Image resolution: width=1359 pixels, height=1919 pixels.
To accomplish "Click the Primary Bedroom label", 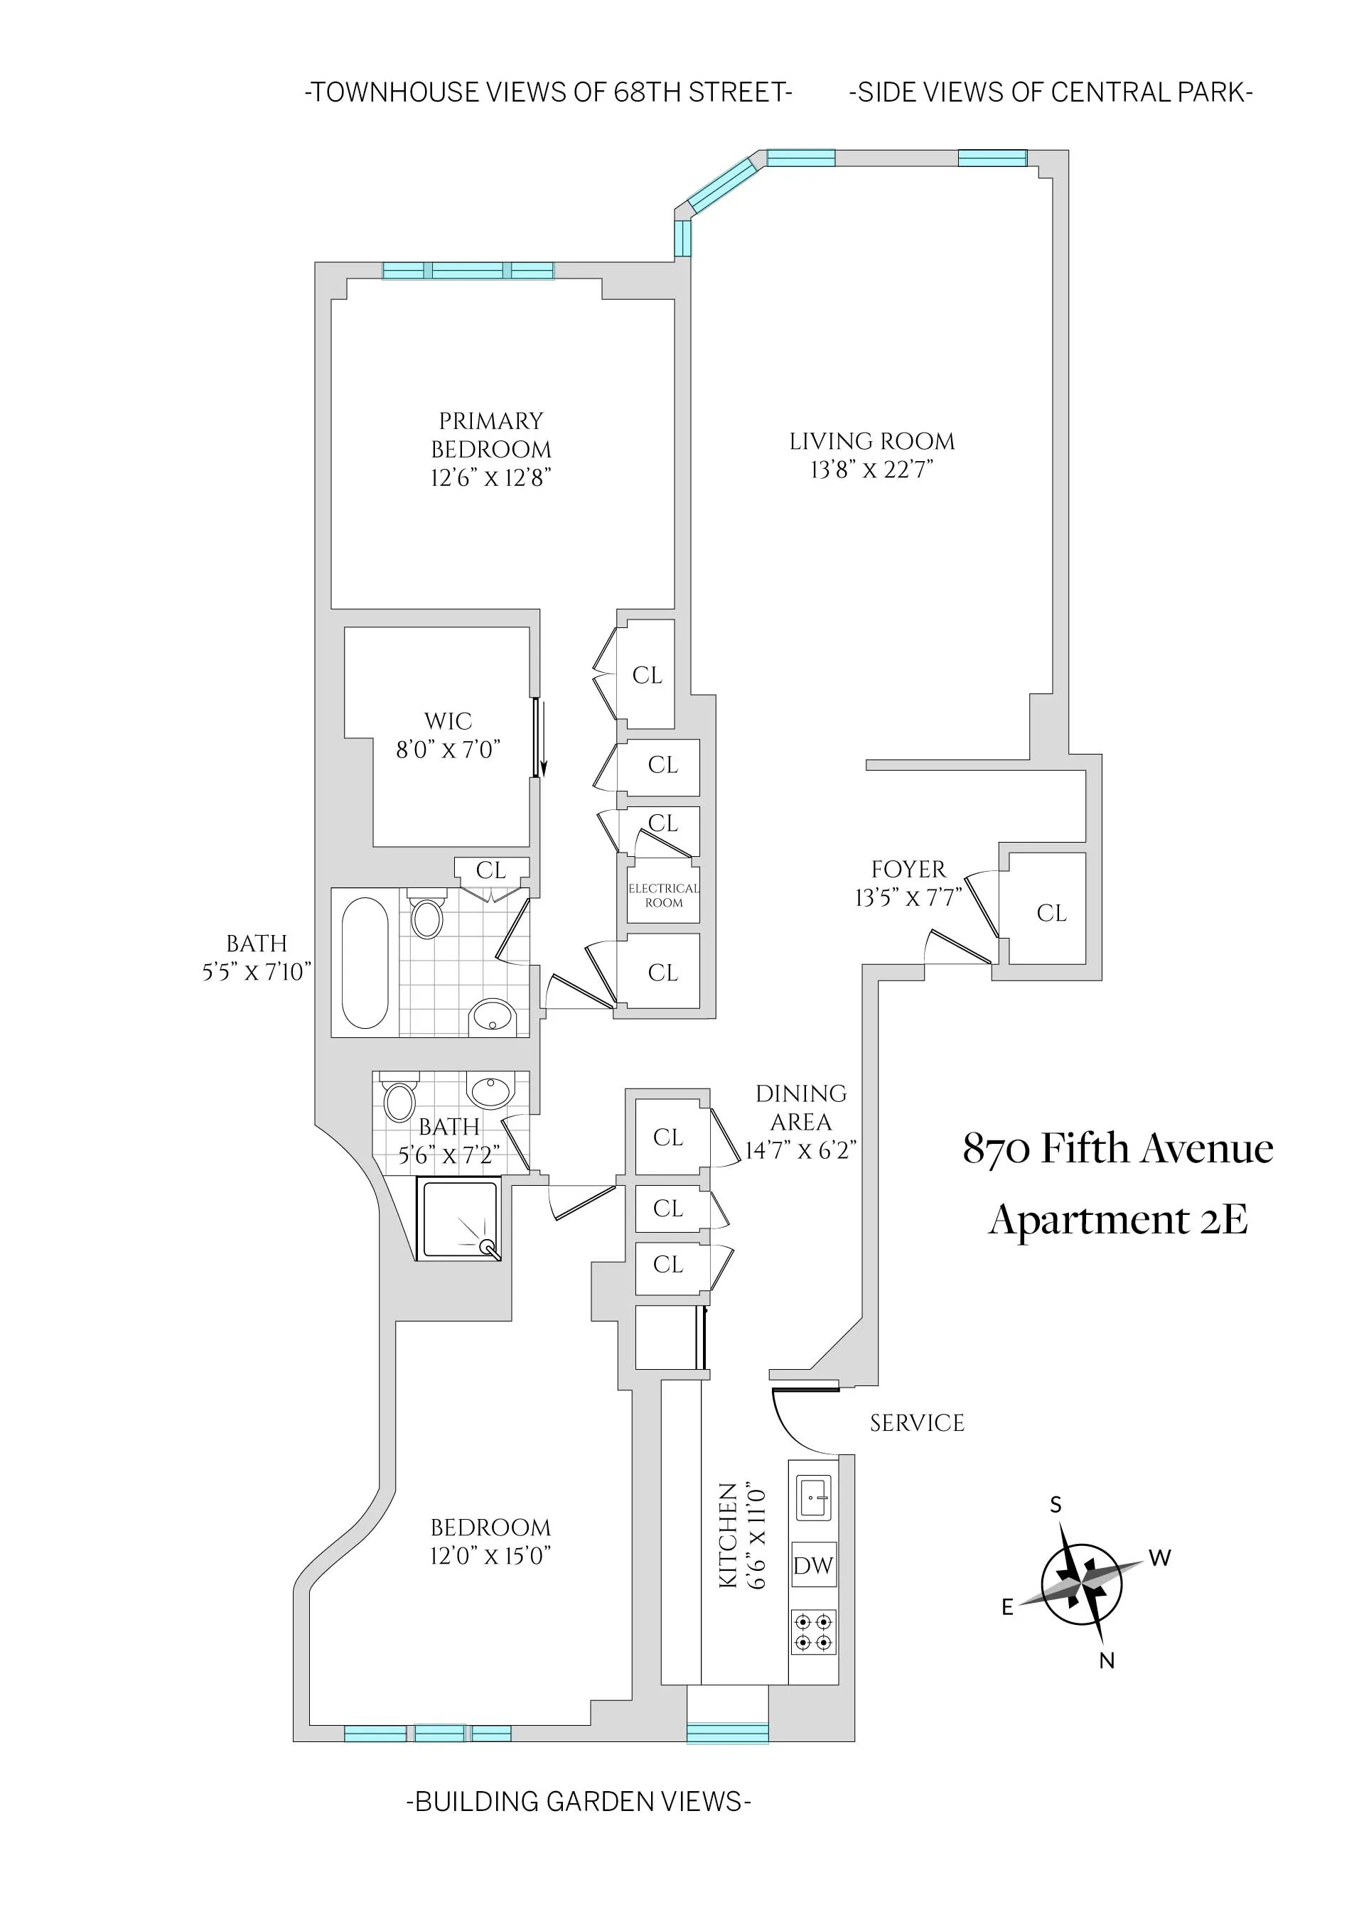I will [491, 435].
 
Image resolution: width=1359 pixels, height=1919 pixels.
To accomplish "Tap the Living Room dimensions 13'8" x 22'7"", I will [871, 470].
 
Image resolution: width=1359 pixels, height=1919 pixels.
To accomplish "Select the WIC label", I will [448, 720].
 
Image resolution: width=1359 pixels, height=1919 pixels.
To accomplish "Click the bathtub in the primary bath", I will [365, 963].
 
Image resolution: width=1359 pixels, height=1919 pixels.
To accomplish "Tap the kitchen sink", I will [812, 1498].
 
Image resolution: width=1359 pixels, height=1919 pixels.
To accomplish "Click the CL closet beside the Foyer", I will [1051, 913].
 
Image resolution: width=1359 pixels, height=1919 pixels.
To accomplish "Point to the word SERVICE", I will [917, 1423].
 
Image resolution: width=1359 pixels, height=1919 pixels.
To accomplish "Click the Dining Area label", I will [801, 1108].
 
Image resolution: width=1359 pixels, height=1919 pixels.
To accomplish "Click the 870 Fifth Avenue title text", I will [1118, 1150].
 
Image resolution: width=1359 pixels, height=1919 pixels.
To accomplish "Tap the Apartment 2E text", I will [1118, 1220].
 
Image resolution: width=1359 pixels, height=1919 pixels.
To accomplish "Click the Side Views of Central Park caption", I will [1051, 92].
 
